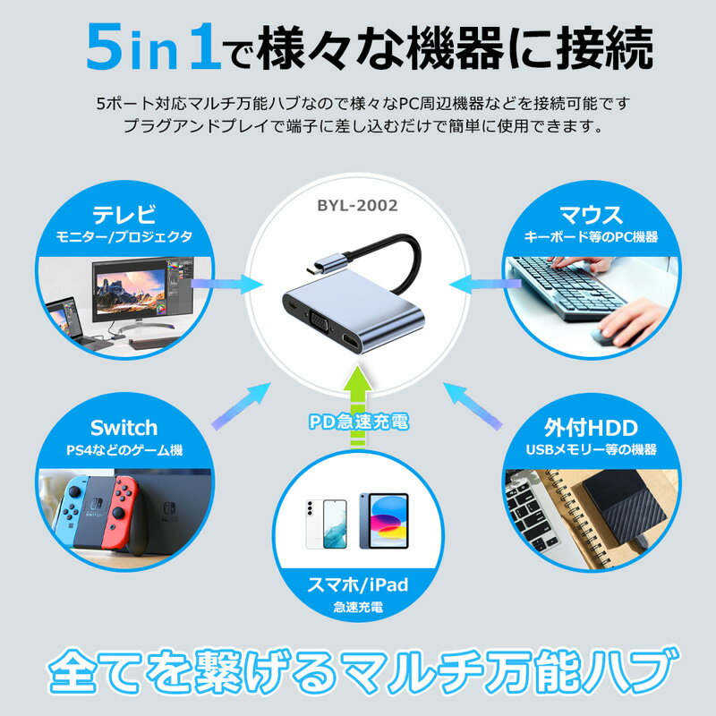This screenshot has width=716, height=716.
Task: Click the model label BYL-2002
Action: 357,206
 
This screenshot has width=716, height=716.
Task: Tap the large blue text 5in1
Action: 154,47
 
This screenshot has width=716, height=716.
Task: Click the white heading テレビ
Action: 124,214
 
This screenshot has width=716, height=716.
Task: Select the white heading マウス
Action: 591,215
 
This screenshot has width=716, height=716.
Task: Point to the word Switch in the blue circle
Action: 124,428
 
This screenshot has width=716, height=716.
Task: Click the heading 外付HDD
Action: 591,428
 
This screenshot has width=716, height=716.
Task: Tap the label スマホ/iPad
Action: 357,585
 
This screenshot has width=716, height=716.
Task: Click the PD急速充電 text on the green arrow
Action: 359,422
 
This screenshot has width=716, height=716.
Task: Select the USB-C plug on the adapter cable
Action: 326,264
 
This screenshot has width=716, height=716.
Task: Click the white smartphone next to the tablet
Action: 326,524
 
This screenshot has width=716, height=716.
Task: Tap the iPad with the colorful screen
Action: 384,521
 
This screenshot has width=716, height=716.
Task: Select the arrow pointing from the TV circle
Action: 226,284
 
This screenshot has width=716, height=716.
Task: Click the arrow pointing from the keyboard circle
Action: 485,284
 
